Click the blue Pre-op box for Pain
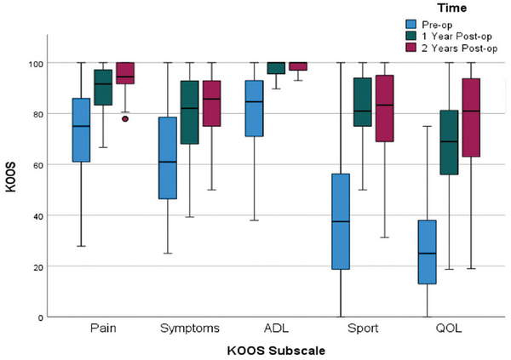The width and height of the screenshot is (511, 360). tap(81, 130)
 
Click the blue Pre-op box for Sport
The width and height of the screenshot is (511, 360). tap(342, 221)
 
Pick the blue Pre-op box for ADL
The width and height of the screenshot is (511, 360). tap(254, 108)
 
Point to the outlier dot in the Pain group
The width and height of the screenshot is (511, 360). tap(125, 119)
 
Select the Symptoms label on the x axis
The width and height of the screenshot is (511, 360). tap(189, 328)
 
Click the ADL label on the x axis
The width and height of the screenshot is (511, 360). tap(276, 328)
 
